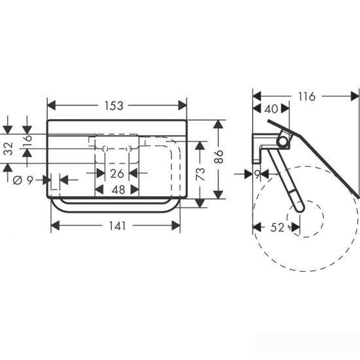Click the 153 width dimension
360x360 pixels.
(114, 105)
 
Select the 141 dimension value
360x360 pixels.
(117, 226)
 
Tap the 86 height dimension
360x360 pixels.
(219, 156)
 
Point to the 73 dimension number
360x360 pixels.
(200, 174)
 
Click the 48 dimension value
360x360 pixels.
(118, 190)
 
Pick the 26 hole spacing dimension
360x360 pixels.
(117, 173)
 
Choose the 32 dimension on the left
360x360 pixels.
(9, 149)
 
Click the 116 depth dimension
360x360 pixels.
(307, 97)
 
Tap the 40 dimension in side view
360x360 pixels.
(271, 109)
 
